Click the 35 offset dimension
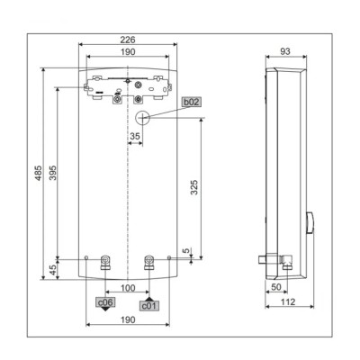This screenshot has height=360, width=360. [136, 137]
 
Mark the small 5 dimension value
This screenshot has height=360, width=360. [186, 251]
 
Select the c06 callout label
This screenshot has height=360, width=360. [105, 303]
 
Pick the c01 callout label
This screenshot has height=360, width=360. [148, 304]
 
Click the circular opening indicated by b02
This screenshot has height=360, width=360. [142, 117]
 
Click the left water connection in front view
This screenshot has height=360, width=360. [105, 263]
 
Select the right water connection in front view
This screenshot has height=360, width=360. [148, 263]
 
